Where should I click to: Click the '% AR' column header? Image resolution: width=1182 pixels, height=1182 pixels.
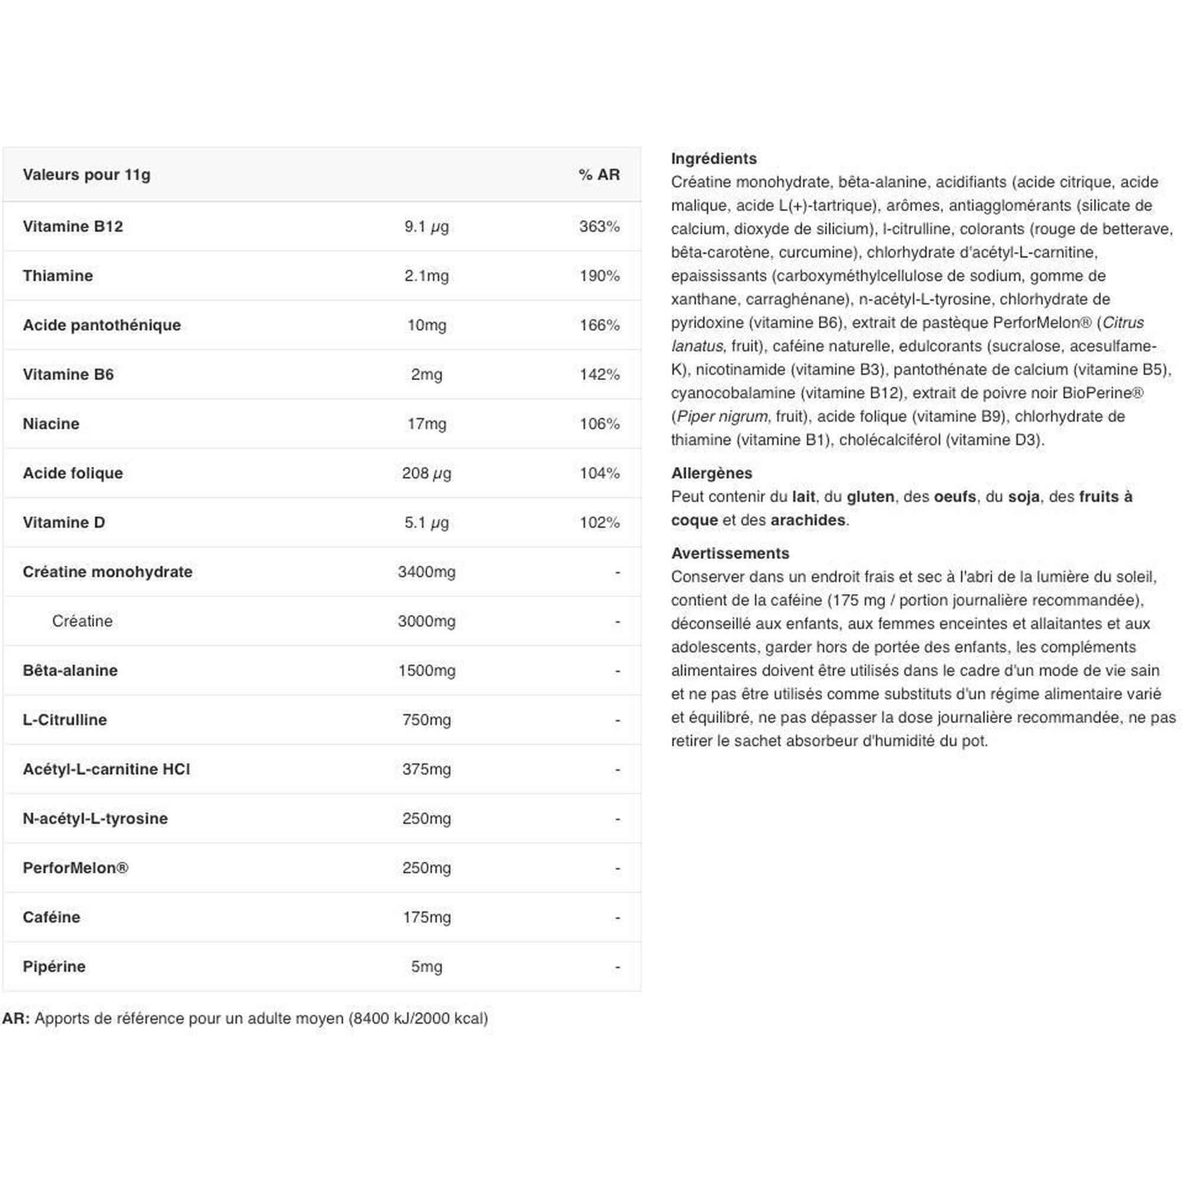[x=598, y=175]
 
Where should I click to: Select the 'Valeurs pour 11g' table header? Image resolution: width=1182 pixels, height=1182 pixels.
[x=86, y=175]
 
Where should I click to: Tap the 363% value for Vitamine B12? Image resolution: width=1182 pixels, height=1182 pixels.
[x=599, y=226]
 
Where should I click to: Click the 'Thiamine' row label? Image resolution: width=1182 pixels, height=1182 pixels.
[x=57, y=276]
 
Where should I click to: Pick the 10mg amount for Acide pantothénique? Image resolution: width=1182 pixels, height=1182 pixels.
[x=427, y=325]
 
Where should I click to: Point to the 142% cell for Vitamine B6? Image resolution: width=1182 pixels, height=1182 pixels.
[x=599, y=375]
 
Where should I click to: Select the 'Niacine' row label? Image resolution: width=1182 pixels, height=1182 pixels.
[x=51, y=424]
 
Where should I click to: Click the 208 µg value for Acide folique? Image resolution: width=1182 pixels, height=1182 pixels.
[x=427, y=473]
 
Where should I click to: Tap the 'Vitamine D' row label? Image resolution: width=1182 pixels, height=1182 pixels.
[x=64, y=522]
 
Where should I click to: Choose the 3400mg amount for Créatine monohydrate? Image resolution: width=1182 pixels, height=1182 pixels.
[x=427, y=572]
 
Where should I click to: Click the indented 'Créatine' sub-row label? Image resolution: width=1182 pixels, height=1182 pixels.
[x=82, y=621]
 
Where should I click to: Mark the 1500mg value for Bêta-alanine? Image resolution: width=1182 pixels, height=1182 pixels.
[x=427, y=671]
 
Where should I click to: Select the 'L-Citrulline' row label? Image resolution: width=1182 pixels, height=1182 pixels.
[x=64, y=720]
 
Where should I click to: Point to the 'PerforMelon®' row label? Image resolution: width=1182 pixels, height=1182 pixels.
[x=75, y=868]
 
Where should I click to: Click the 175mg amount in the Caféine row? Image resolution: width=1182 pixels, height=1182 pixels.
[x=427, y=917]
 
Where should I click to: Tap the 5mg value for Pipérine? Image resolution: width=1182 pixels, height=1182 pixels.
[x=427, y=967]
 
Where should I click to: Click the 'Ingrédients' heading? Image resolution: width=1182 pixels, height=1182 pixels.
[x=713, y=158]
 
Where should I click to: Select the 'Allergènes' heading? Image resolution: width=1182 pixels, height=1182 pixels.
[x=711, y=473]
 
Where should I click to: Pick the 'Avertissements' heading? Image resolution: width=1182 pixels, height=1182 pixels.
[x=730, y=553]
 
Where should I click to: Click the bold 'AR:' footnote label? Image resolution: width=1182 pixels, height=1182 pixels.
[x=16, y=1018]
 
